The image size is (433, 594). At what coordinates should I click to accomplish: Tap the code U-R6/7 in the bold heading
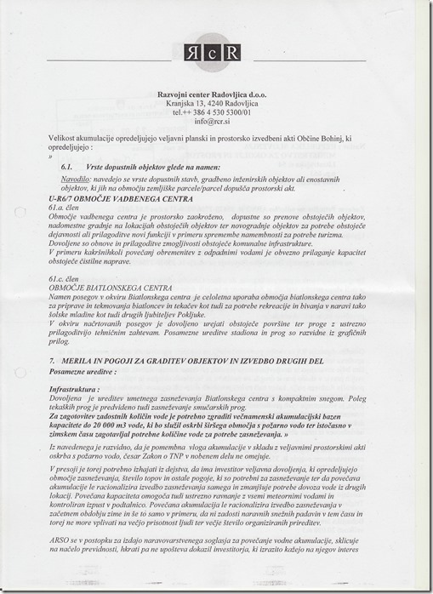point(66,197)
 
